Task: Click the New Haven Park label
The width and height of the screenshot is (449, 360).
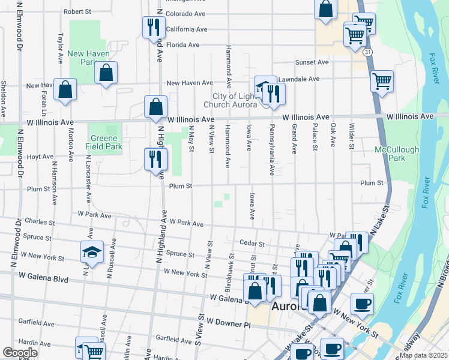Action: [x=82, y=58]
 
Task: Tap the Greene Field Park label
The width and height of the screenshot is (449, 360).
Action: [x=106, y=142]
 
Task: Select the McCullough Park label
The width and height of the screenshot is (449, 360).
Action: [x=397, y=154]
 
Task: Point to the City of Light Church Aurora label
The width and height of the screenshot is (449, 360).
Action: [x=229, y=100]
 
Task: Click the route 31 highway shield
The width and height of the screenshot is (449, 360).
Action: [x=366, y=52]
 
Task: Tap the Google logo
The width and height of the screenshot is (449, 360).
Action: [x=20, y=353]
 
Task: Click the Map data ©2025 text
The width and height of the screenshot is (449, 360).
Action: [x=423, y=355]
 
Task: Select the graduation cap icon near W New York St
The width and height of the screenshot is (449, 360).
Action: [x=92, y=253]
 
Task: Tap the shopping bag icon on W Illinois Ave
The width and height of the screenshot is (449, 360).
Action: [x=155, y=107]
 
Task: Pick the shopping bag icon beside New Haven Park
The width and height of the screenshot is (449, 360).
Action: [x=106, y=73]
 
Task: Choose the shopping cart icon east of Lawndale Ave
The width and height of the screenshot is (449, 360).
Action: [x=382, y=80]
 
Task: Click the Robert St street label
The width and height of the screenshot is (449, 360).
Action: [x=77, y=11]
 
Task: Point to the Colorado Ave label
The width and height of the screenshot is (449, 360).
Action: [x=185, y=13]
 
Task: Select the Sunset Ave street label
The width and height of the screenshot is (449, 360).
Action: [x=312, y=62]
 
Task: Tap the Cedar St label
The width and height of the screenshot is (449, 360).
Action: [x=253, y=244]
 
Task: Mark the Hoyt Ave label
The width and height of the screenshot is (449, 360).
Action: [x=41, y=157]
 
